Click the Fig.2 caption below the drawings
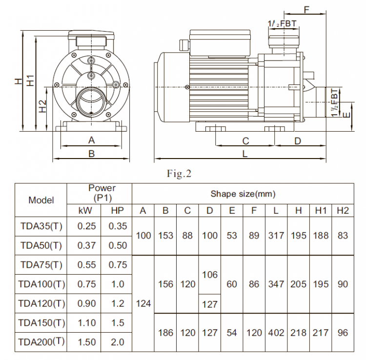[179, 174]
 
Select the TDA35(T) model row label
[41, 226]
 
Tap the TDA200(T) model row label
[41, 341]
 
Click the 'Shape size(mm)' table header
[243, 194]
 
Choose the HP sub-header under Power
[118, 211]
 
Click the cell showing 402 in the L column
[276, 333]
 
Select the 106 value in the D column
[210, 275]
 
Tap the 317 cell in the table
[276, 236]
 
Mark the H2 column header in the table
[343, 211]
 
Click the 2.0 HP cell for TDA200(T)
[118, 342]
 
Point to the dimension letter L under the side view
[244, 154]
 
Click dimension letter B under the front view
[91, 153]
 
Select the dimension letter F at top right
[306, 9]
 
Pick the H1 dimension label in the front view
[30, 81]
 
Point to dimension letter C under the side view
[245, 141]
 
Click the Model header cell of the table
[41, 200]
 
